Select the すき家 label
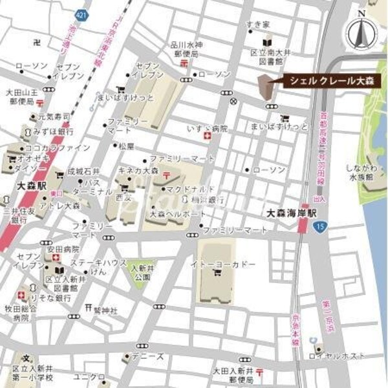click(257, 24)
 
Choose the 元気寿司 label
click(54, 116)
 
